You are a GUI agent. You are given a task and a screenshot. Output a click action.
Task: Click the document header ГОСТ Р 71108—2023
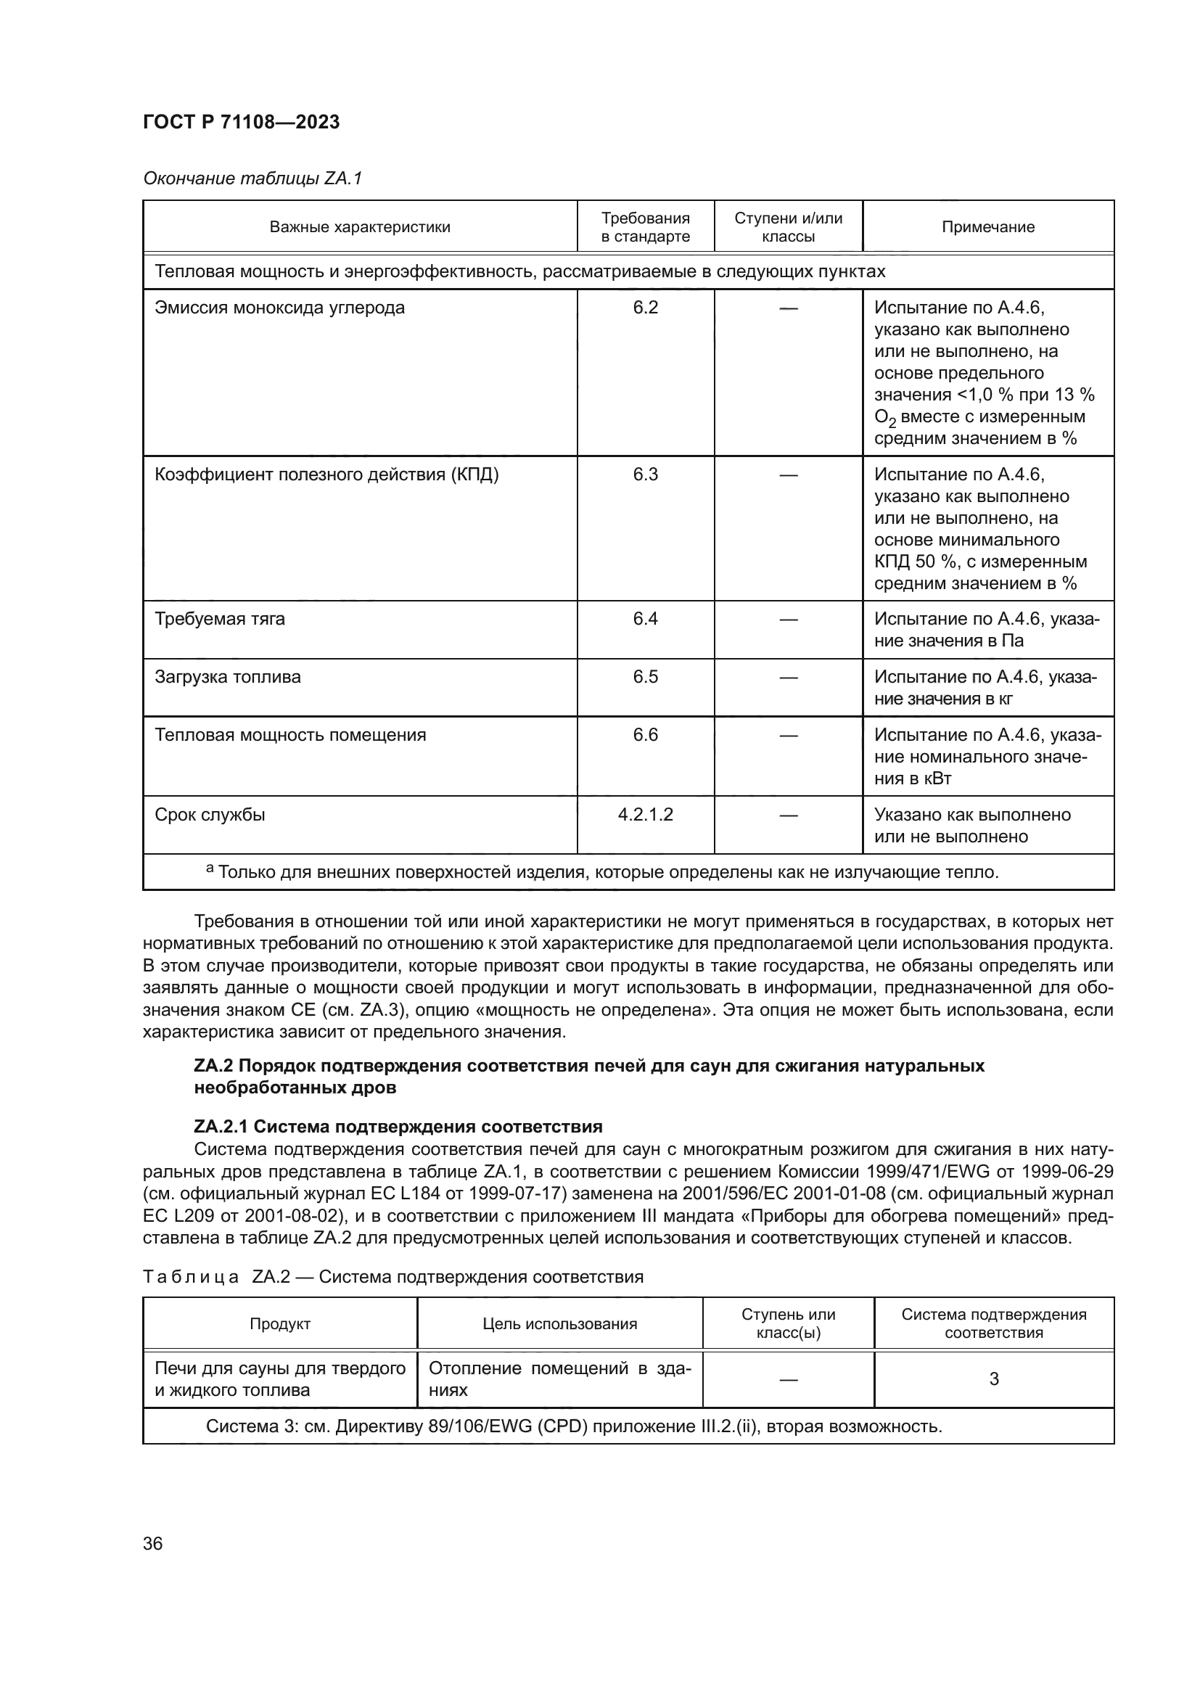point(241,122)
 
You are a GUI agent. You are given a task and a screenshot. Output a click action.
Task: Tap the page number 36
point(152,1543)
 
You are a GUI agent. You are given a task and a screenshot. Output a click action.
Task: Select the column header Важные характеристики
point(359,227)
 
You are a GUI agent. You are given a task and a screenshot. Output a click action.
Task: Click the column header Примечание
point(987,227)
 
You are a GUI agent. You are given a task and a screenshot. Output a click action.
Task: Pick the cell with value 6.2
point(645,308)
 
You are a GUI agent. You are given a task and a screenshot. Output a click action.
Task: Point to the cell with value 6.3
point(645,474)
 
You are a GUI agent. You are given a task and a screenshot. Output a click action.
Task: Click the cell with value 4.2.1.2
point(645,815)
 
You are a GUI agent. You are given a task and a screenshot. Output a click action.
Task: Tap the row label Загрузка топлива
point(228,677)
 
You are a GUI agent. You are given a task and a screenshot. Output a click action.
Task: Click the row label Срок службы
point(210,815)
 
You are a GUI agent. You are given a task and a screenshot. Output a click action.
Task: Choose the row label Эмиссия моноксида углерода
point(279,308)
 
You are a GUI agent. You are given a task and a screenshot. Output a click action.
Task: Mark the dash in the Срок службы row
point(788,815)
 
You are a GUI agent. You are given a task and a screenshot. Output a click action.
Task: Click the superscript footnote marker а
point(210,868)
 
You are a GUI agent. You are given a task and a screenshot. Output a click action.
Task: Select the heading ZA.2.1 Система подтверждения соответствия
point(398,1127)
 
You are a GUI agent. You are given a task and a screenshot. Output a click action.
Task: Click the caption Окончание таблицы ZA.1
point(252,178)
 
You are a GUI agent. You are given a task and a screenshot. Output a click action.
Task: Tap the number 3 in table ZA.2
point(993,1378)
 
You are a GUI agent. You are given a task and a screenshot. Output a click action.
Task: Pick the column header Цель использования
point(559,1324)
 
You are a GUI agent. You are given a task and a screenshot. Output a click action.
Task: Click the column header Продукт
point(279,1324)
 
